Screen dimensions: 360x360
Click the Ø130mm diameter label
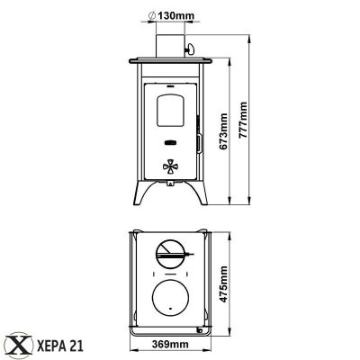point(171,15)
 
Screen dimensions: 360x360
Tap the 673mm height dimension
point(223,131)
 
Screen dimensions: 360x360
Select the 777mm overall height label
point(243,120)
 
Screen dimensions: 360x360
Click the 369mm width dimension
point(170,344)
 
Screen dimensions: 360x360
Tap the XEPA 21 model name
point(59,346)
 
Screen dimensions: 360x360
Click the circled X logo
point(20,346)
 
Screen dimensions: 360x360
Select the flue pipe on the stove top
point(170,46)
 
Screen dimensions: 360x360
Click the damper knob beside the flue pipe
point(190,48)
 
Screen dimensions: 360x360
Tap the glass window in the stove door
point(170,110)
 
